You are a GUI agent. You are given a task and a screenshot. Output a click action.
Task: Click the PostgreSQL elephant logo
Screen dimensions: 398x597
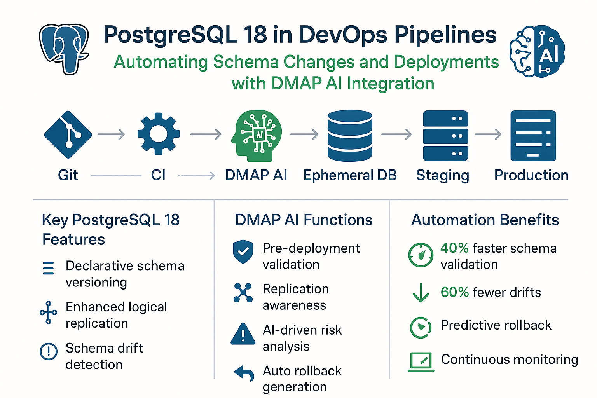pos(65,49)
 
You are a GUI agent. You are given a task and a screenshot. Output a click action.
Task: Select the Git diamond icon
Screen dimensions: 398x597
pos(68,134)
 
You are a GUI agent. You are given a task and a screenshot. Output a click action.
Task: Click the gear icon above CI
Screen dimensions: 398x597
pos(159,134)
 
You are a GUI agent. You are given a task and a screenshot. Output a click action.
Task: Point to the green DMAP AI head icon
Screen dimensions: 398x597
pos(257,135)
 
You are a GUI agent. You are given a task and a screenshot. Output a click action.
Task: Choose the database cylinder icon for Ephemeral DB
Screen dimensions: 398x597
pos(350,135)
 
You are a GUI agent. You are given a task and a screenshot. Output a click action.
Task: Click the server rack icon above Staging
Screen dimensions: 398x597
pos(445,136)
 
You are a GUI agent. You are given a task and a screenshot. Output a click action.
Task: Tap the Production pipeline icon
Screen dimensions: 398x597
pos(533,136)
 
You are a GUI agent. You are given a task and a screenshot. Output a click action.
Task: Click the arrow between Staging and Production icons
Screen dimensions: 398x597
pos(488,134)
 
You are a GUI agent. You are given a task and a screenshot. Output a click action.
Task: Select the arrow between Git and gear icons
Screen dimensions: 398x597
pos(112,134)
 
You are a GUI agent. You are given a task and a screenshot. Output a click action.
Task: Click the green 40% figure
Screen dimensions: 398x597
pos(454,248)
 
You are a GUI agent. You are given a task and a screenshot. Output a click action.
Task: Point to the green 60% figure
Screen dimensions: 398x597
pos(454,292)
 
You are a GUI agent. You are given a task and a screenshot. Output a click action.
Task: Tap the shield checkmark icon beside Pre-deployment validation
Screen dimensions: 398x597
pos(243,252)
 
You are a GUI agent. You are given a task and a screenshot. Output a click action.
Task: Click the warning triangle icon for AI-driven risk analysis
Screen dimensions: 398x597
pos(243,334)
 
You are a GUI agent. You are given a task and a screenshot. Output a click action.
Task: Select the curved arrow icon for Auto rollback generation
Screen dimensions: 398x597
pos(244,373)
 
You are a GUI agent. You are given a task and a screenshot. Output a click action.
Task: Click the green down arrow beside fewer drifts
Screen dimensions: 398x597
pos(421,293)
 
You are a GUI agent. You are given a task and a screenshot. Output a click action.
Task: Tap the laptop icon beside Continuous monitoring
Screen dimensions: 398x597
pos(421,361)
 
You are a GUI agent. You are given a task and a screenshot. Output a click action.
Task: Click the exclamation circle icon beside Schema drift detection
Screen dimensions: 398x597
pos(49,351)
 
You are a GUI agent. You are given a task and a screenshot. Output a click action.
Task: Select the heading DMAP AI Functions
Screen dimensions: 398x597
pos(304,220)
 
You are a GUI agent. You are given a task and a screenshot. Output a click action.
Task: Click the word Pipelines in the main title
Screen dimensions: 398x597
pos(445,35)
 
